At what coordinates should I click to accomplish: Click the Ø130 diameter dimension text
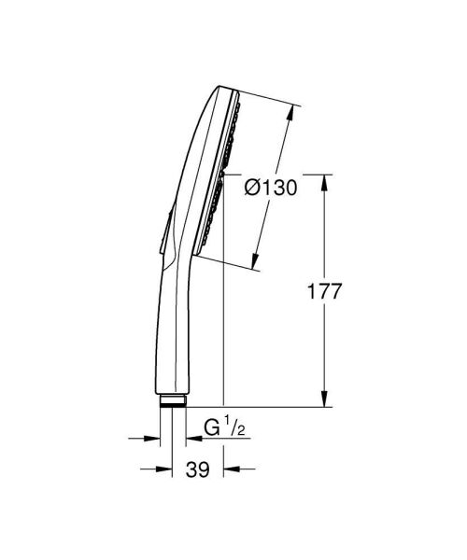(270, 189)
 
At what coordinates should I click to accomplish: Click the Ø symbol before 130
(252, 189)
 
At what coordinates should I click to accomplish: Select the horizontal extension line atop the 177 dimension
(280, 174)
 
